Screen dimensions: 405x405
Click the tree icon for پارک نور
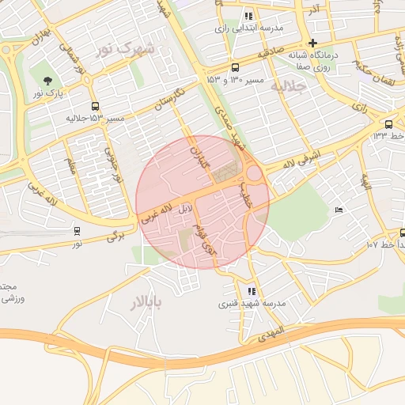click(49, 81)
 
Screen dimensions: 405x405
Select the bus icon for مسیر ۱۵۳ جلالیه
click(96, 106)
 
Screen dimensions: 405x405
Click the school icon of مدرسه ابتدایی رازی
click(248, 16)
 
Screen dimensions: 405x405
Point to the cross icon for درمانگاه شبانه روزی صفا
click(313, 43)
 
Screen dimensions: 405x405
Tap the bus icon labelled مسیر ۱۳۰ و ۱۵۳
click(235, 67)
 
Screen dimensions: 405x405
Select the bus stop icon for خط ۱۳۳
click(388, 124)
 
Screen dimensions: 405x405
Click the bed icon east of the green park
click(339, 210)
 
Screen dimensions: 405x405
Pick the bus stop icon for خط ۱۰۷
click(403, 233)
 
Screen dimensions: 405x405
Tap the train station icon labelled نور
click(77, 231)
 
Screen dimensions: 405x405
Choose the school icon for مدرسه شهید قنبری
click(252, 291)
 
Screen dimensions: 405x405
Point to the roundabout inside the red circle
click(253, 173)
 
